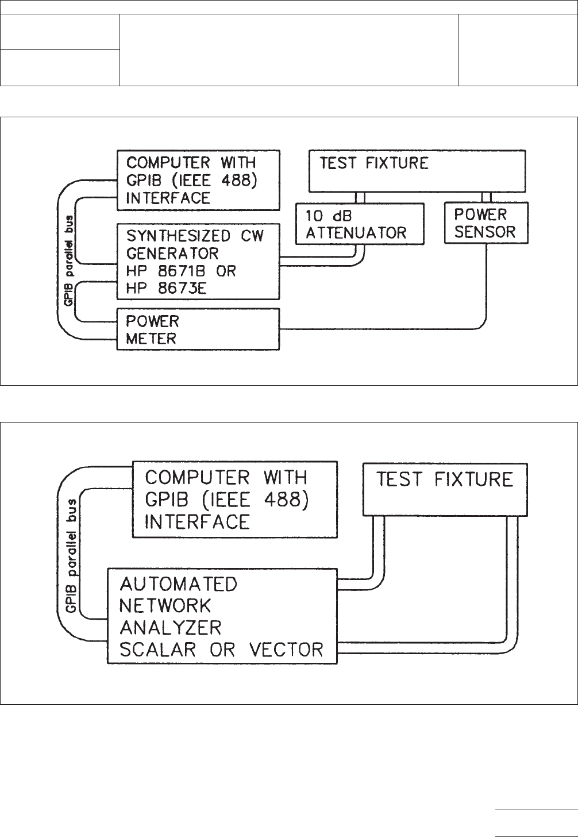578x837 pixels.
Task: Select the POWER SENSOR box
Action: coord(486,223)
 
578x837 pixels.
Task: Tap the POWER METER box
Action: coord(198,329)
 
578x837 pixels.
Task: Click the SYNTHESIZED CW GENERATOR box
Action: coord(198,262)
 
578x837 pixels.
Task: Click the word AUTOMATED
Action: coord(178,584)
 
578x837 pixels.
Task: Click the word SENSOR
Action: coord(485,232)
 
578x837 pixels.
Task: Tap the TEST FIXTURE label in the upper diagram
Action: coord(374,163)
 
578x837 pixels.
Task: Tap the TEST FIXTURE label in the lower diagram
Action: coord(444,479)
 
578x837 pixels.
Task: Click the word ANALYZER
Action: coord(171,627)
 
